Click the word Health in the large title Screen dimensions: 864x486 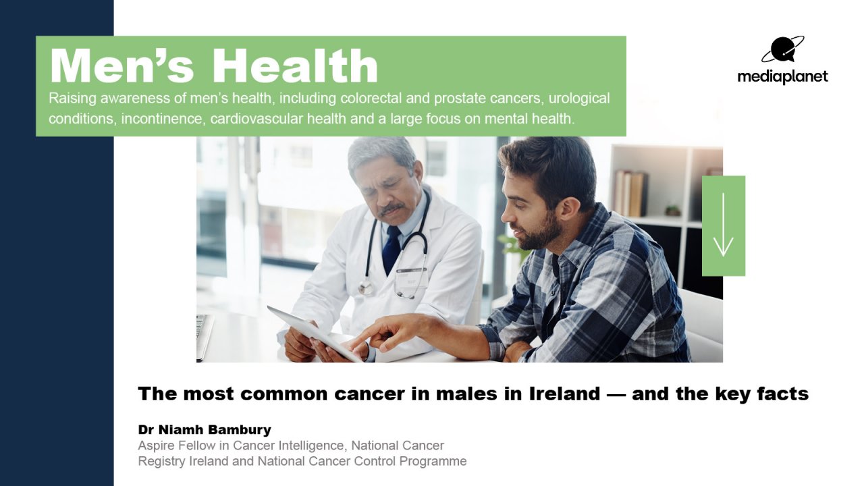point(295,65)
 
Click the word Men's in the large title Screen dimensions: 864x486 point(122,65)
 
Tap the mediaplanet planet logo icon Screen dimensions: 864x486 point(782,49)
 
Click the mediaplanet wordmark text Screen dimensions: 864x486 point(782,76)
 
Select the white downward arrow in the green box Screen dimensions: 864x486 point(723,225)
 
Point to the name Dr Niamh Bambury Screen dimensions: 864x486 point(205,429)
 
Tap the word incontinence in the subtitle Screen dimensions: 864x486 point(162,119)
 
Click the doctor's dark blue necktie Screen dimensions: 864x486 point(391,250)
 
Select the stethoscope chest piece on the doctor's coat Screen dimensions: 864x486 point(366,288)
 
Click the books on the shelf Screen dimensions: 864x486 point(630,193)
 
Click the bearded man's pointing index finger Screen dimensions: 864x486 point(367,336)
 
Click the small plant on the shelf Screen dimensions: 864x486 point(673,211)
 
